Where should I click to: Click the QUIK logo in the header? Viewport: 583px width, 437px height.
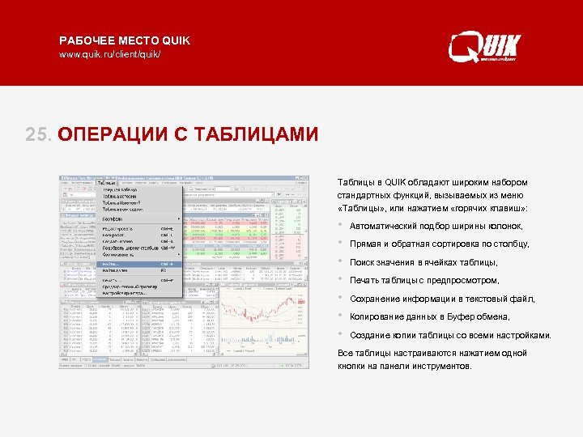pos(485,46)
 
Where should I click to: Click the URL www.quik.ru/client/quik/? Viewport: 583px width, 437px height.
pos(110,54)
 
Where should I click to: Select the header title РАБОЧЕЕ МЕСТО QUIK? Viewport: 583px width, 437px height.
pos(125,40)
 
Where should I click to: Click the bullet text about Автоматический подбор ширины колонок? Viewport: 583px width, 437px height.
pos(436,227)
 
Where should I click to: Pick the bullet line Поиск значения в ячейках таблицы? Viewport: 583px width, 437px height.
pos(423,263)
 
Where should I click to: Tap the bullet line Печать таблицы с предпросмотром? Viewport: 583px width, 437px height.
pos(424,281)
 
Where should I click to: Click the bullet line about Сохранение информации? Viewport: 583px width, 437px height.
pos(442,299)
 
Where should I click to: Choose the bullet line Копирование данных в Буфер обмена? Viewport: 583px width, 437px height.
pos(430,317)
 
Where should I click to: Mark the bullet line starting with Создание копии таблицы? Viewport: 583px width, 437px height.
pos(450,335)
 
